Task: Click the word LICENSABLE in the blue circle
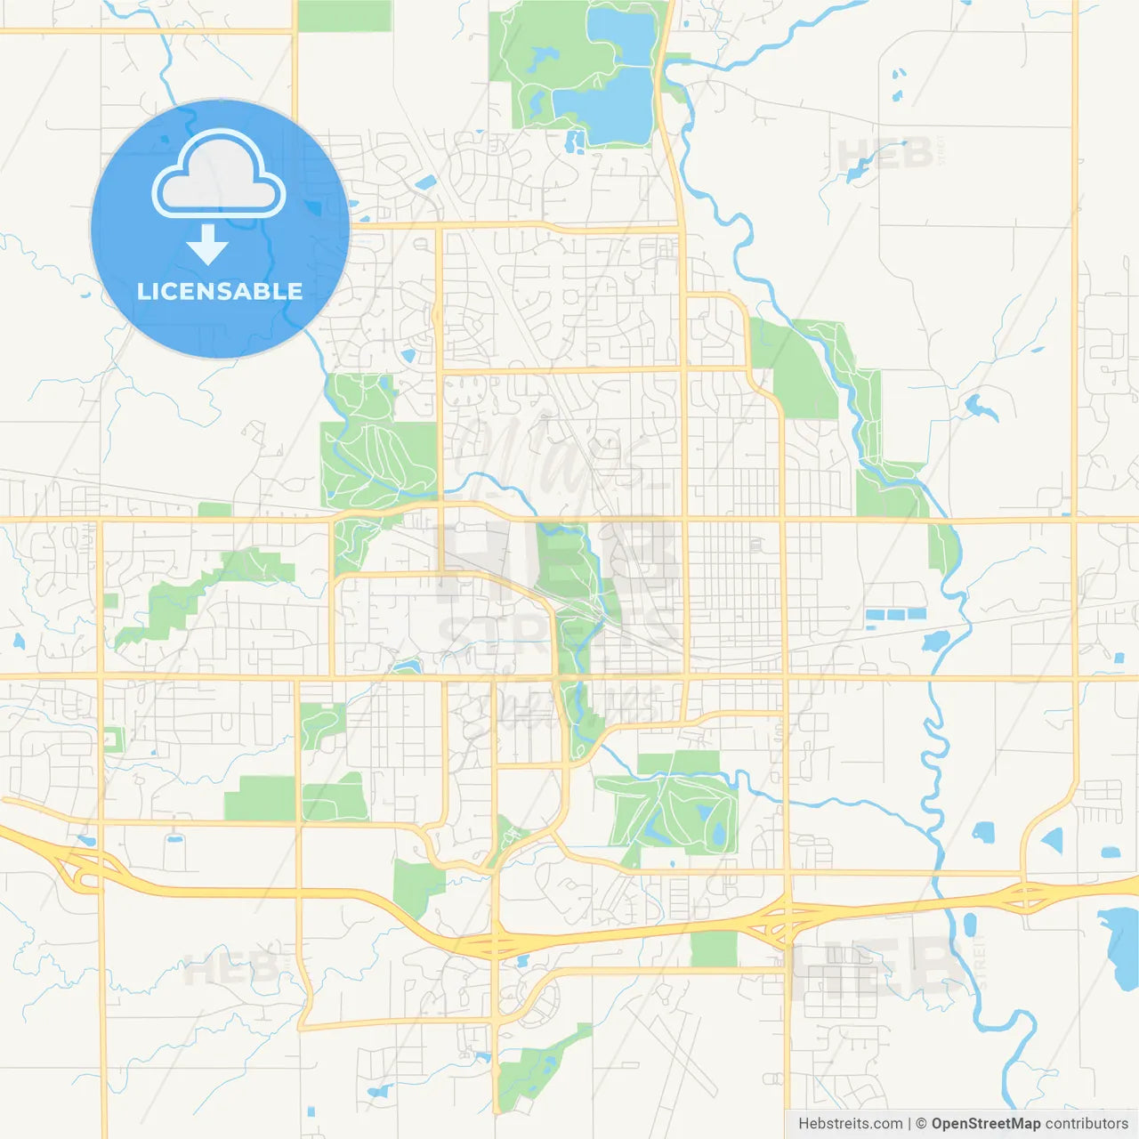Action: pyautogui.click(x=220, y=292)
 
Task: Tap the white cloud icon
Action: pyautogui.click(x=219, y=174)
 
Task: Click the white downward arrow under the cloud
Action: pyautogui.click(x=208, y=245)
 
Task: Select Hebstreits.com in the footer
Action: pyautogui.click(x=850, y=1124)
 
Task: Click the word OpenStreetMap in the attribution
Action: pyautogui.click(x=986, y=1124)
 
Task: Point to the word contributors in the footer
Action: pyautogui.click(x=1086, y=1124)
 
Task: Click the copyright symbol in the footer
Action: pyautogui.click(x=921, y=1124)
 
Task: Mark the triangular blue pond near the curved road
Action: pyautogui.click(x=1053, y=839)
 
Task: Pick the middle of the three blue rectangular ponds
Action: pyautogui.click(x=894, y=614)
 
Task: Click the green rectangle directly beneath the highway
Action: pyautogui.click(x=714, y=949)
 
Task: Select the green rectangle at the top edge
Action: pyautogui.click(x=343, y=16)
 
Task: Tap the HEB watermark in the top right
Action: pyautogui.click(x=885, y=155)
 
